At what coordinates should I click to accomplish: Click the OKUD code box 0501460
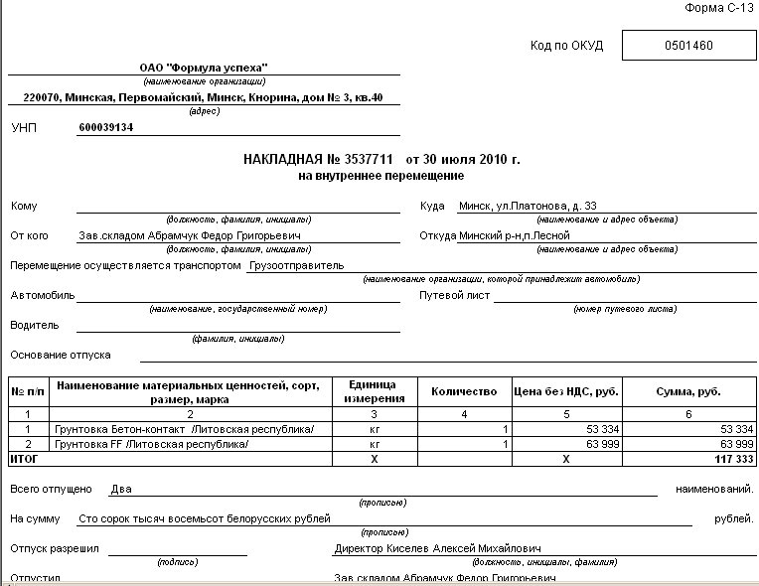coord(688,46)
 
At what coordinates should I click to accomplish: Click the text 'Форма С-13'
coord(722,8)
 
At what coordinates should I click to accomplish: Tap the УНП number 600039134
coord(105,128)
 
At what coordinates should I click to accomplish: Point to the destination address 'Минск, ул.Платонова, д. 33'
coord(528,207)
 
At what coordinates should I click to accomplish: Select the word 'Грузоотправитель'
coord(297,266)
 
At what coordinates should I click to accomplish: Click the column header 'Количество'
coord(463,391)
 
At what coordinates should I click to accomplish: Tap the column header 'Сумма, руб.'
coord(688,391)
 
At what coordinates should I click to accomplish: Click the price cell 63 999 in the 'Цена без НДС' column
coord(602,444)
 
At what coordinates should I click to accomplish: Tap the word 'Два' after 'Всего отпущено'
coord(120,489)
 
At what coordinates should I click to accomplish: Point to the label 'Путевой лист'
coord(451,296)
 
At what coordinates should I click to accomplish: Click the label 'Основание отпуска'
coord(61,355)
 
